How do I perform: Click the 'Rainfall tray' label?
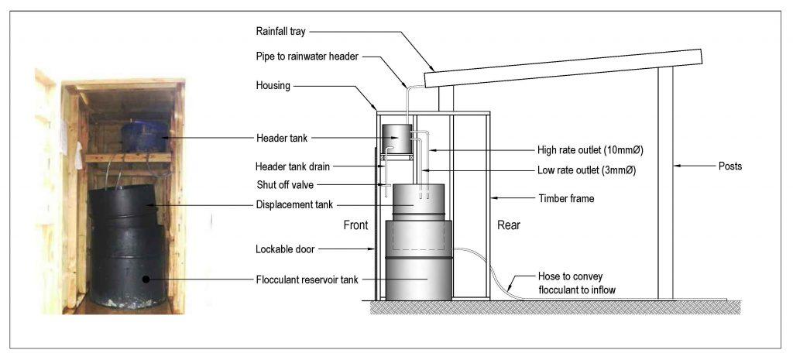click(x=280, y=32)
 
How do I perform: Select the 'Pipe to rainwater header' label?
click(x=305, y=58)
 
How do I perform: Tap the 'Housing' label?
click(x=273, y=86)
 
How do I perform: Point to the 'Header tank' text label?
click(x=282, y=137)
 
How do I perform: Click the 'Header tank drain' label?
click(x=290, y=166)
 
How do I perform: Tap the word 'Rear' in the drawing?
click(x=508, y=226)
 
